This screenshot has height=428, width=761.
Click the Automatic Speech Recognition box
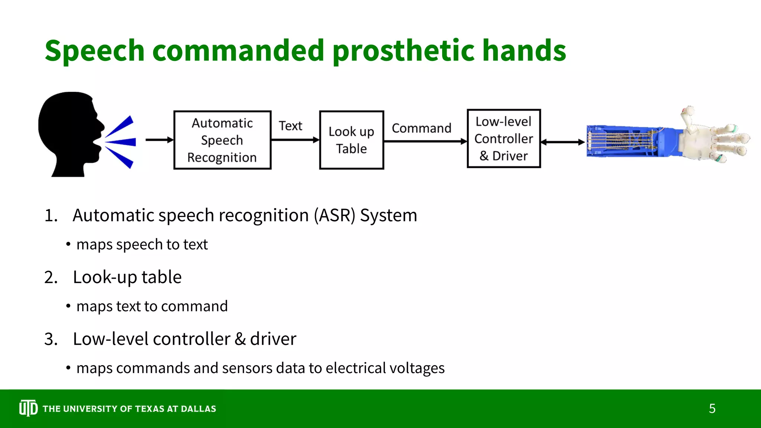pyautogui.click(x=222, y=140)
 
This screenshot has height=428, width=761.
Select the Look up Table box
pyautogui.click(x=351, y=140)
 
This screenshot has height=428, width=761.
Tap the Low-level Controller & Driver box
pyautogui.click(x=503, y=139)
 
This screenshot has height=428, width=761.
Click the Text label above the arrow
pyautogui.click(x=290, y=126)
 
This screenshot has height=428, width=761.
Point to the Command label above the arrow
pyautogui.click(x=421, y=128)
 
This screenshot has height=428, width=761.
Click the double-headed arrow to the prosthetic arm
pyautogui.click(x=563, y=142)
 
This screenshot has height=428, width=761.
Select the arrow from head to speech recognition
pyautogui.click(x=159, y=140)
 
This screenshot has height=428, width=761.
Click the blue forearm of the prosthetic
pyautogui.click(x=632, y=141)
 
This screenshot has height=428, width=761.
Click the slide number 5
pyautogui.click(x=712, y=409)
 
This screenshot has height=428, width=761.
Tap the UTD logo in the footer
pyautogui.click(x=28, y=408)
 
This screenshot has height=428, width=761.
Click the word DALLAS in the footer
pyautogui.click(x=198, y=409)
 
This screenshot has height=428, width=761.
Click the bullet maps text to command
pyautogui.click(x=152, y=307)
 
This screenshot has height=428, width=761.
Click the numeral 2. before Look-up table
pyautogui.click(x=51, y=278)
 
